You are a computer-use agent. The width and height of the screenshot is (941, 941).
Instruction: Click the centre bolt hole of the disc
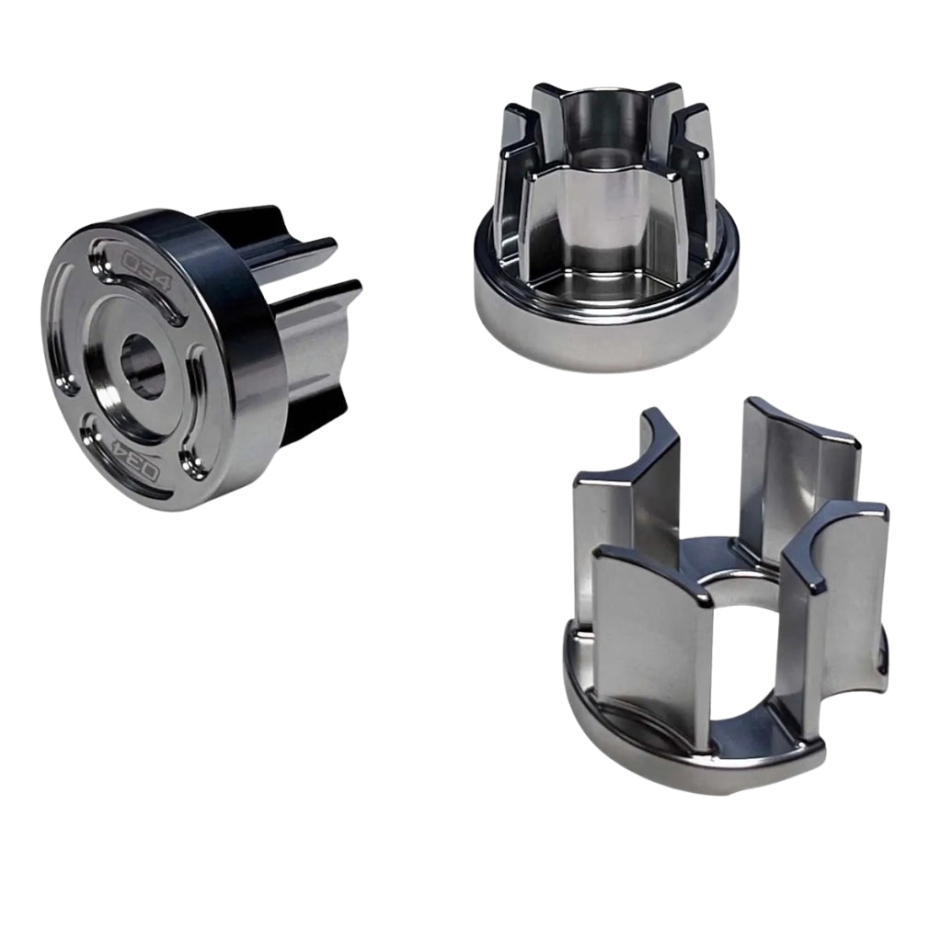click(143, 368)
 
